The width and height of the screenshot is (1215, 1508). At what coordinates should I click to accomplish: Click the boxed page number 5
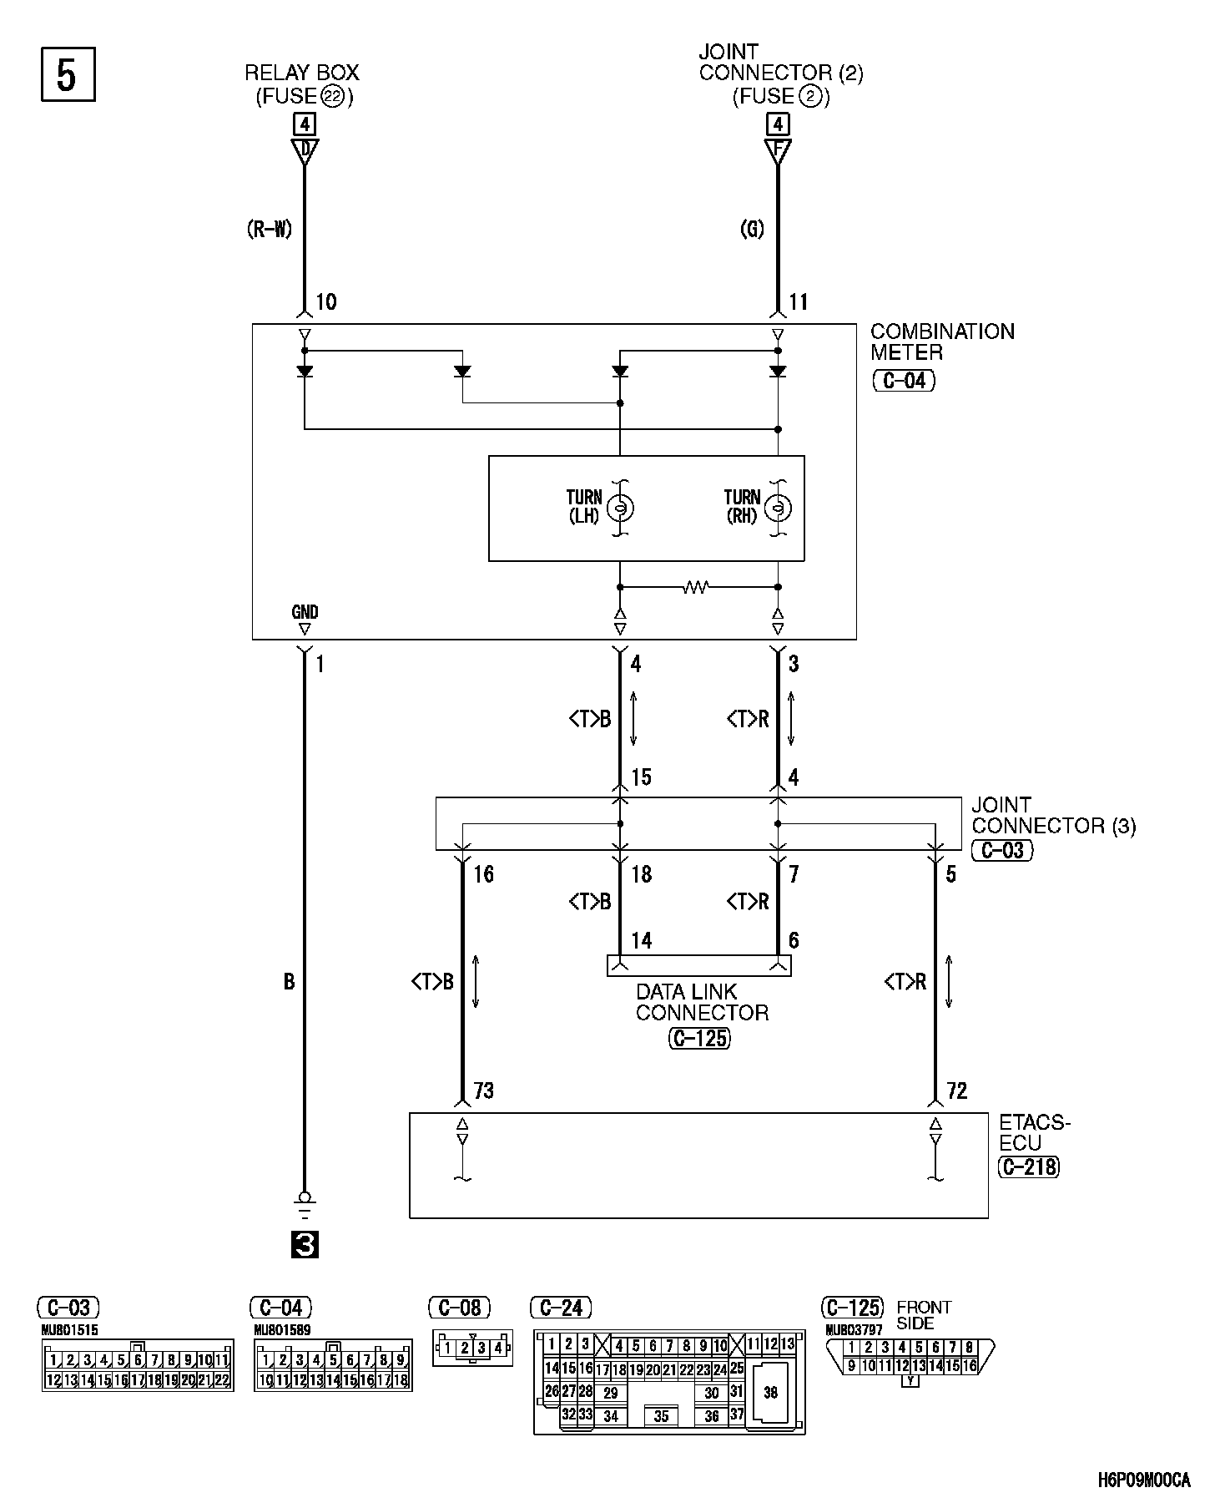tap(68, 75)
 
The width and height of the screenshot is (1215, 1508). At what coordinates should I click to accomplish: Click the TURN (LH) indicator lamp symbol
tap(620, 507)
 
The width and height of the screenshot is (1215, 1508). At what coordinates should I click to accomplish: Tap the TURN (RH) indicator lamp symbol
tap(778, 507)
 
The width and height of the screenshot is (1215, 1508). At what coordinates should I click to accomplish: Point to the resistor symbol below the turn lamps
tap(695, 587)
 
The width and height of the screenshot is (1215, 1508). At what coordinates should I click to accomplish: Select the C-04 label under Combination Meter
tap(904, 382)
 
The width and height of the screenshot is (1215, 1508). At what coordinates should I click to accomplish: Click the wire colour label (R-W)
tap(270, 229)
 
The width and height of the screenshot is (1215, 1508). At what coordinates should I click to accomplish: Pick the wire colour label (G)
tap(752, 229)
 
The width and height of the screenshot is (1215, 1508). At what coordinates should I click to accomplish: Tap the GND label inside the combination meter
tap(305, 612)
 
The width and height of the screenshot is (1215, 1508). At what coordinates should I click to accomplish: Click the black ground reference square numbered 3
tap(305, 1245)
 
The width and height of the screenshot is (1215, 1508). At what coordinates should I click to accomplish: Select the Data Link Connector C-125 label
tap(699, 1038)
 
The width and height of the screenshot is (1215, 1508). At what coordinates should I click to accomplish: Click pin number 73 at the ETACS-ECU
tap(484, 1091)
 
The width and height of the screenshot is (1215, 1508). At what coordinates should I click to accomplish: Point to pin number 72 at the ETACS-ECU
tap(957, 1091)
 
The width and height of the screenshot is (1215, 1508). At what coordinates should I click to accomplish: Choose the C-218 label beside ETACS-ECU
tap(1029, 1166)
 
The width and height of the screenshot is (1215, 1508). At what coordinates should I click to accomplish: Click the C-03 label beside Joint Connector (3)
tap(1002, 850)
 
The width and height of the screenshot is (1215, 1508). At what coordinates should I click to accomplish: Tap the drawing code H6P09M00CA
tap(1143, 1480)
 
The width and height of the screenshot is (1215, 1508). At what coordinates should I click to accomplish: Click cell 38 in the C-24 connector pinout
tap(770, 1392)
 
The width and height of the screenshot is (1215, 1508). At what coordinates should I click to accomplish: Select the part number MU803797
tap(853, 1330)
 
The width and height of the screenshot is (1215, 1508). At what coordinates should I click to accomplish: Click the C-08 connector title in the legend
tap(459, 1308)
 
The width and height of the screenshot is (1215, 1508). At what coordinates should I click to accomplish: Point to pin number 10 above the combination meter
tap(326, 301)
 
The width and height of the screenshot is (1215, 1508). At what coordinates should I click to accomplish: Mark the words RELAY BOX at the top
tap(302, 73)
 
